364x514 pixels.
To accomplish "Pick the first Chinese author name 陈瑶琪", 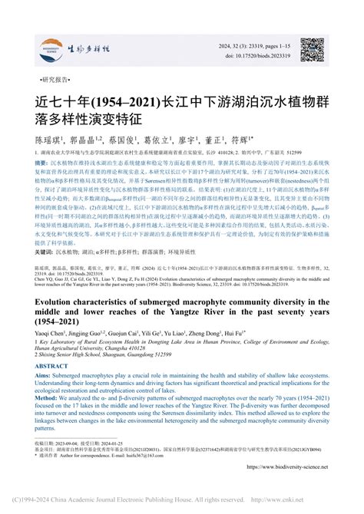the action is [48, 143].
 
